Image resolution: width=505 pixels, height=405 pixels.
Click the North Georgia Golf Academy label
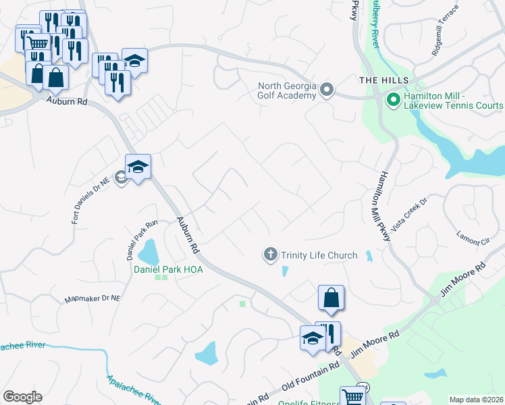click(x=287, y=90)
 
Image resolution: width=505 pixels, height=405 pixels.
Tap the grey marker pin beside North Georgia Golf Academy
click(x=327, y=90)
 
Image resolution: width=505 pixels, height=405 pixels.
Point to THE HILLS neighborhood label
click(x=384, y=80)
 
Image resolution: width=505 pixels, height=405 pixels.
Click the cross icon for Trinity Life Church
click(x=270, y=254)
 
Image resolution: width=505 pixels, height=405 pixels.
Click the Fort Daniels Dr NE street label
click(x=86, y=201)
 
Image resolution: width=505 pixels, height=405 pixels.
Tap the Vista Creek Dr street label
click(x=408, y=215)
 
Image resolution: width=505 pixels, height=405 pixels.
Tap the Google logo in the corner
click(x=22, y=396)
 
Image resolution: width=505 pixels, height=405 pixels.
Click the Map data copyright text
click(x=476, y=400)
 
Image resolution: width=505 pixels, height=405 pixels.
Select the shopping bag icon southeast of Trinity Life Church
click(x=331, y=298)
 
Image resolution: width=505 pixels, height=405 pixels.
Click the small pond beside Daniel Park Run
click(x=148, y=253)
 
